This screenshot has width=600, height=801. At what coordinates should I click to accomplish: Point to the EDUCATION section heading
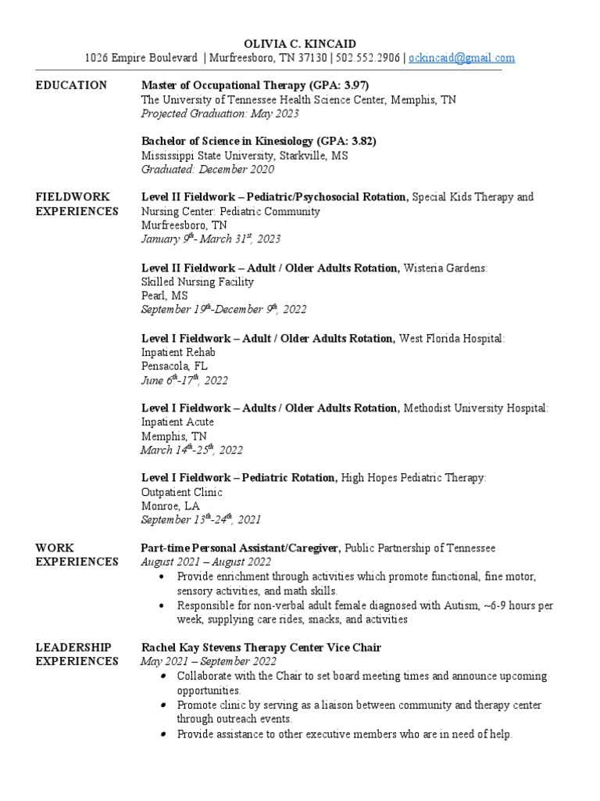(71, 85)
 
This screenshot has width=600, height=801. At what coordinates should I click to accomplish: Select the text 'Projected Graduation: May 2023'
(220, 113)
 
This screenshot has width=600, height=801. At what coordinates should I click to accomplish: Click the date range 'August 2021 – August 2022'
(206, 562)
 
